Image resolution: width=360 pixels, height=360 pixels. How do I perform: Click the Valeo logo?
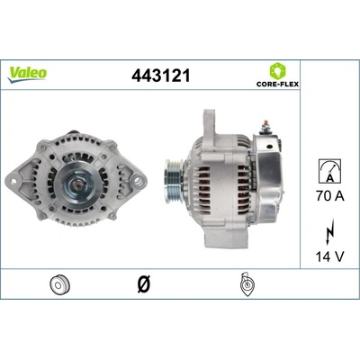tap(27, 75)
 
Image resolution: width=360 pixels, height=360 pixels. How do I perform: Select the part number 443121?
tap(161, 76)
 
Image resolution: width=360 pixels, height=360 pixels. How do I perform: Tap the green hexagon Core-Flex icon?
tap(277, 71)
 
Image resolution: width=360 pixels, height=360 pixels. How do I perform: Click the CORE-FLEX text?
tap(277, 84)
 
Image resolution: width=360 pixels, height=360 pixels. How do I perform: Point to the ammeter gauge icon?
tap(329, 171)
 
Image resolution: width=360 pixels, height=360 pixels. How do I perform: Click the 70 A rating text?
tap(330, 196)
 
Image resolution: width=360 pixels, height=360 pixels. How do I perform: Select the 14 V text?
tap(329, 256)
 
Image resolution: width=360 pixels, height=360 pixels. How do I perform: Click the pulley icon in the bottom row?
tap(60, 284)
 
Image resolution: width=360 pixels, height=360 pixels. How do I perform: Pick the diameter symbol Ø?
tap(144, 283)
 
